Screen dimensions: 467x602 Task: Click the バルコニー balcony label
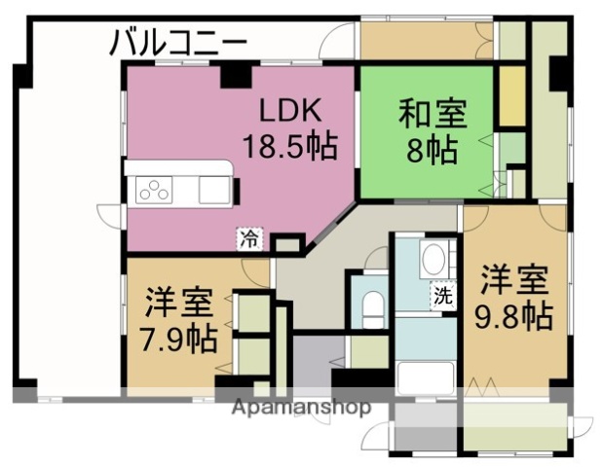177,43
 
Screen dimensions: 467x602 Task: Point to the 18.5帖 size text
289,147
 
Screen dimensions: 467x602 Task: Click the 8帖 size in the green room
430,151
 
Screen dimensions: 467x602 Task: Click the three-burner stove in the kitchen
155,190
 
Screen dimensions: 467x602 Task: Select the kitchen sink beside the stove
213,189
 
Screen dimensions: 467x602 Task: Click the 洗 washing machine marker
443,297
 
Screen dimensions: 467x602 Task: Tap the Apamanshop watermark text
301,408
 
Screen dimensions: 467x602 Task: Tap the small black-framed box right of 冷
285,244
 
